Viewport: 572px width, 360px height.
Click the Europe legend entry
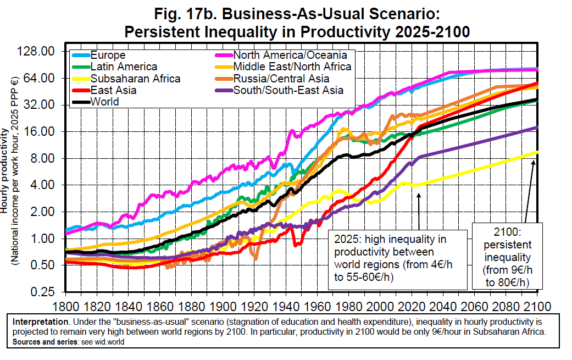pos(108,56)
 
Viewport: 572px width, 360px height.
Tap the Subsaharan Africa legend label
pos(135,79)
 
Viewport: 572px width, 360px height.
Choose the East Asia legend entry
pos(113,90)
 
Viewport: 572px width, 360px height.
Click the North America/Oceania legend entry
pos(290,56)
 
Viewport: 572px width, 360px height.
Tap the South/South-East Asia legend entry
pos(288,90)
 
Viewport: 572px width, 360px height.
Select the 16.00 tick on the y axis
pos(41,131)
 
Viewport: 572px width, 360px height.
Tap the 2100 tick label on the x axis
pos(537,305)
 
